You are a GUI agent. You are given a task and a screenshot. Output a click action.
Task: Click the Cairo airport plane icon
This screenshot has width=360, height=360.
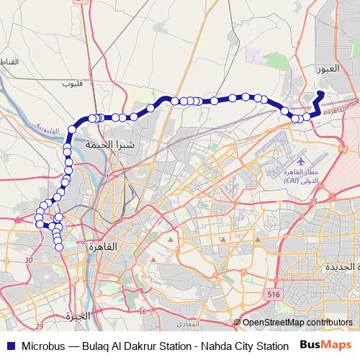[299, 157]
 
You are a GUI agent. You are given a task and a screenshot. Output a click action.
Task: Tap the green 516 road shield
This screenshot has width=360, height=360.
[273, 294]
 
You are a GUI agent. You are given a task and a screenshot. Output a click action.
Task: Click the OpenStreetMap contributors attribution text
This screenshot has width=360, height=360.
[297, 323]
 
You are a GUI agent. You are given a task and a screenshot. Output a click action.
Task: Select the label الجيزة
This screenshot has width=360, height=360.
[78, 315]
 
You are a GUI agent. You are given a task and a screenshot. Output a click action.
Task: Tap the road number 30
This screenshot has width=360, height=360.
[29, 259]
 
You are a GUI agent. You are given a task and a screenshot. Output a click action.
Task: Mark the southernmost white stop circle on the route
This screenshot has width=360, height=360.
[59, 248]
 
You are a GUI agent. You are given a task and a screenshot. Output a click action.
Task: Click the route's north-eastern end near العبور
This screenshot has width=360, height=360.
[320, 93]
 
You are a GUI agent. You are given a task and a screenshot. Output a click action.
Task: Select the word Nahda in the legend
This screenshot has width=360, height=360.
[207, 345]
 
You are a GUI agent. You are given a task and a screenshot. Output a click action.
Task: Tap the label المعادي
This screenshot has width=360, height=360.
[186, 324]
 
